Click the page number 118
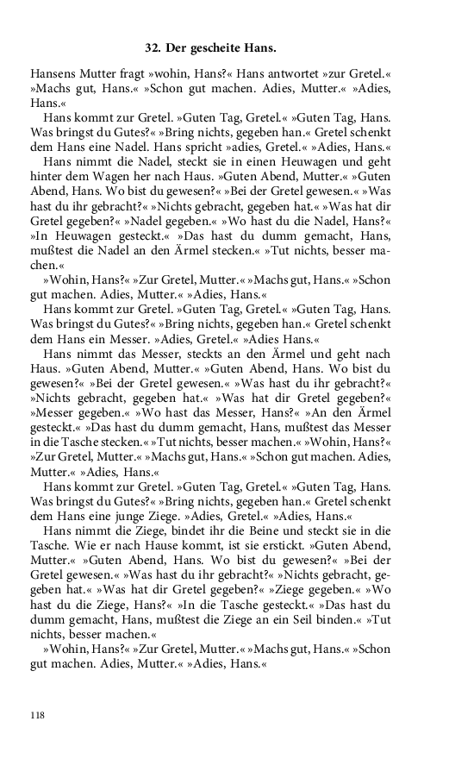click(x=36, y=715)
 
